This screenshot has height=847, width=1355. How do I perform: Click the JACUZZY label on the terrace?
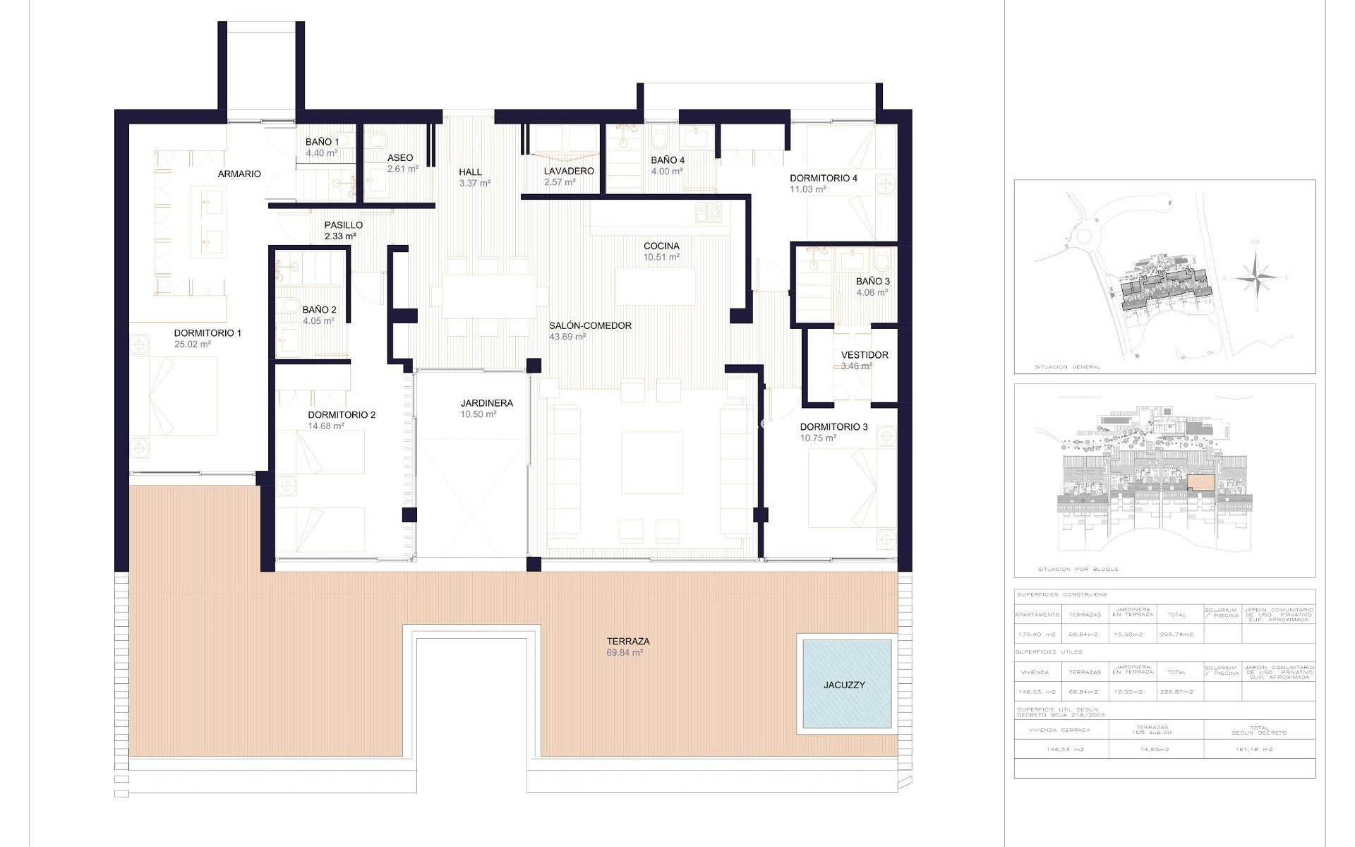point(843,685)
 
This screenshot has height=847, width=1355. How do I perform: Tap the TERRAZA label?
point(627,641)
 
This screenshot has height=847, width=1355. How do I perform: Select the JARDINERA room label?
point(486,403)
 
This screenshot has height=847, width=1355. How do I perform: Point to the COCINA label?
point(661,246)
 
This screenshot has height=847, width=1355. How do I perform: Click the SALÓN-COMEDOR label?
point(590,325)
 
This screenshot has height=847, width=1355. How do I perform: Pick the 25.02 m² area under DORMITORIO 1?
point(192,344)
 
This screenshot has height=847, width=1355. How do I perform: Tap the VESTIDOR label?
point(865,355)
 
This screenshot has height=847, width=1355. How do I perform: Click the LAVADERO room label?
point(568,171)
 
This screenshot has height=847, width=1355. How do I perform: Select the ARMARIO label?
point(239,174)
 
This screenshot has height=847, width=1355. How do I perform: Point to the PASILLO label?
point(343,225)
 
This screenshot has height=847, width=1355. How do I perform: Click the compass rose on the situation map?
point(1255,277)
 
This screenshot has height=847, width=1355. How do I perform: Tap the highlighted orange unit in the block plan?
point(1201,483)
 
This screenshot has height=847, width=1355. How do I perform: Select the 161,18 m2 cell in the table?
point(1259,750)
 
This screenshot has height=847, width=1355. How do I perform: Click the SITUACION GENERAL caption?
point(1067,367)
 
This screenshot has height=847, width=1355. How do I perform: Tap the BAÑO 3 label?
point(872,281)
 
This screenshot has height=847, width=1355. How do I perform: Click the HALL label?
point(470,172)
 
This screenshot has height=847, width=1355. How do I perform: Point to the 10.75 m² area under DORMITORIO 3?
point(818,438)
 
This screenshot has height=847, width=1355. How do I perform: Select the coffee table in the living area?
point(651,462)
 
